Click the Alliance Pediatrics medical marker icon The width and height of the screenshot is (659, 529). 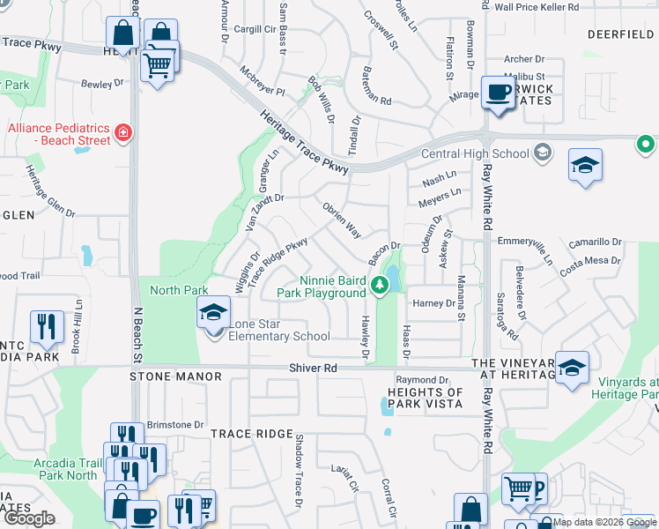pos(124,134)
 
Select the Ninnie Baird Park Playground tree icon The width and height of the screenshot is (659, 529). pos(379,284)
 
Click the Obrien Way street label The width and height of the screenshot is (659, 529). pos(342,220)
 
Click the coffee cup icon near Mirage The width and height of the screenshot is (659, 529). pos(498,93)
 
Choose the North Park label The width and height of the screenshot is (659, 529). pos(179,290)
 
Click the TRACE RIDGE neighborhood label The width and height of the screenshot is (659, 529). pos(251,434)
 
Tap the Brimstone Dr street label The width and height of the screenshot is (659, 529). pos(175,424)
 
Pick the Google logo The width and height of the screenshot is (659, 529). pos(29,518)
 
